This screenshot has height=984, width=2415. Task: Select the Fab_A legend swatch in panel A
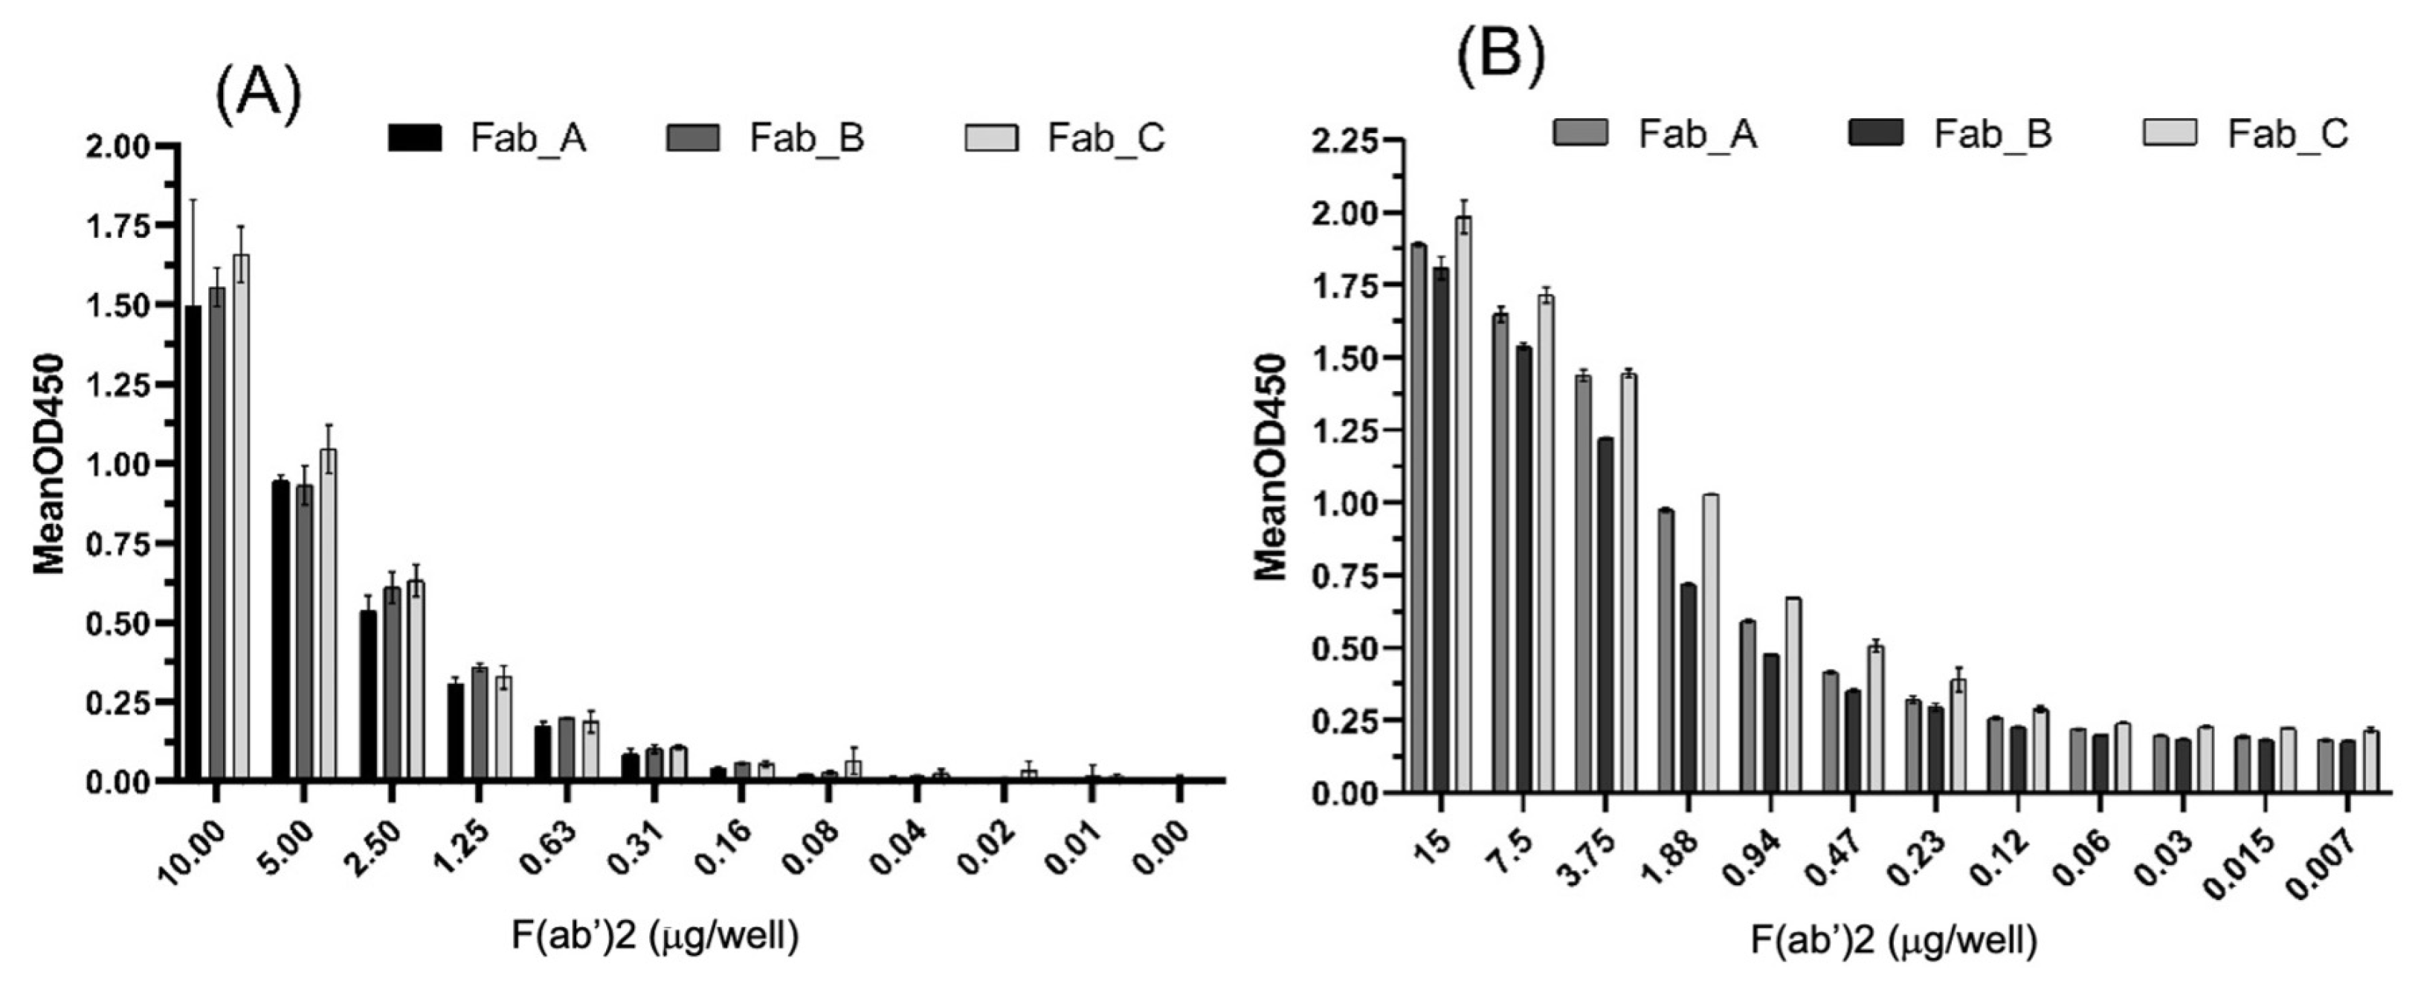click(413, 137)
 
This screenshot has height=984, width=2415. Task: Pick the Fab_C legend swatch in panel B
click(2170, 132)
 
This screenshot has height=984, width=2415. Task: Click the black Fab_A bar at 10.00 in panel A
click(193, 543)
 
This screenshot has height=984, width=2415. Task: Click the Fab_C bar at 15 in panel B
click(1463, 506)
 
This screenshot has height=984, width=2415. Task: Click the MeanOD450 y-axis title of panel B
click(1272, 467)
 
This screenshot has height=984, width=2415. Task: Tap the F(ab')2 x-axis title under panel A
click(655, 936)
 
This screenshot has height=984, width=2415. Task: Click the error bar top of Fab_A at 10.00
click(193, 200)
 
